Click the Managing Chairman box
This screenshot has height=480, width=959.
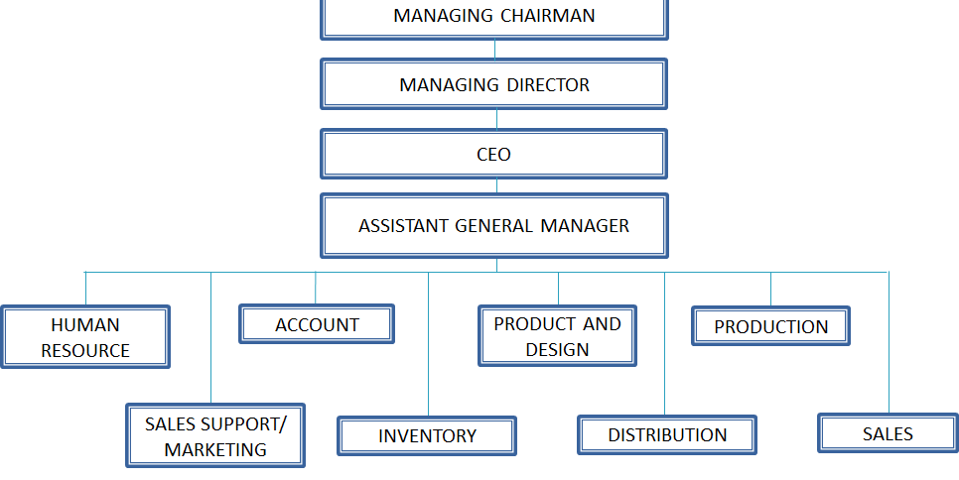pyautogui.click(x=494, y=18)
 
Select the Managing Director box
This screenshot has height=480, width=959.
pyautogui.click(x=494, y=84)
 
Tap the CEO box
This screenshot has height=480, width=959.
pyautogui.click(x=494, y=154)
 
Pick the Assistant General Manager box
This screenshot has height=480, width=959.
pyautogui.click(x=494, y=225)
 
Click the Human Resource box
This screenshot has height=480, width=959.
pyautogui.click(x=85, y=337)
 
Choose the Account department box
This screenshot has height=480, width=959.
pyautogui.click(x=317, y=324)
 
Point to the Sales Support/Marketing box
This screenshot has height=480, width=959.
pyautogui.click(x=215, y=435)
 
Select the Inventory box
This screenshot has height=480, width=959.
pyautogui.click(x=427, y=436)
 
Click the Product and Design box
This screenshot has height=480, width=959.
pyautogui.click(x=557, y=336)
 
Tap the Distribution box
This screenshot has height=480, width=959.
pyautogui.click(x=667, y=434)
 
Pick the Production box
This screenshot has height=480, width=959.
pyautogui.click(x=770, y=326)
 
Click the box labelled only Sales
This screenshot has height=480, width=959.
pyautogui.click(x=889, y=433)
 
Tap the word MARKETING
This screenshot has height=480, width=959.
pyautogui.click(x=215, y=450)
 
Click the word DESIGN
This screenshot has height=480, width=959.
pyautogui.click(x=557, y=350)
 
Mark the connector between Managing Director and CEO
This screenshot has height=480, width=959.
pyautogui.click(x=496, y=120)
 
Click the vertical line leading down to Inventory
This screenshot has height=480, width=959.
pyautogui.click(x=428, y=344)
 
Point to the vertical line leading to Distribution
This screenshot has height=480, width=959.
pyautogui.click(x=665, y=344)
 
